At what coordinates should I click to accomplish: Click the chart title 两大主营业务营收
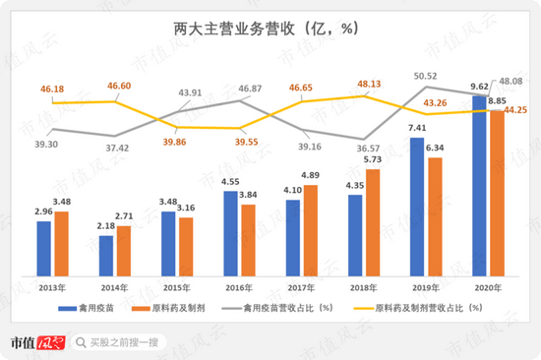[234, 29]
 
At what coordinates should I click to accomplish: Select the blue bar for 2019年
[417, 208]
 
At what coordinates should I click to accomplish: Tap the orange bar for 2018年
[373, 223]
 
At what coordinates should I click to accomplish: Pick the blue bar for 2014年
[106, 256]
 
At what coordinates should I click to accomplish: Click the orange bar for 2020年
[497, 194]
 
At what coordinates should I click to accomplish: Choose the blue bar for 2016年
[230, 234]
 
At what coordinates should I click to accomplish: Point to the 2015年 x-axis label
[177, 288]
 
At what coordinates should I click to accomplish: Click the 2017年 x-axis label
[301, 288]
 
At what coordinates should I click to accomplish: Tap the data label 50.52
[425, 76]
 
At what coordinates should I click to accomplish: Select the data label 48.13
[369, 84]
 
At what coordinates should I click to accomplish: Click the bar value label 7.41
[417, 128]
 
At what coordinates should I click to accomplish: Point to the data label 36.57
[368, 149]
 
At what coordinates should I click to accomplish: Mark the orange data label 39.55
[246, 142]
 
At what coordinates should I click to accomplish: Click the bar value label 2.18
[105, 226]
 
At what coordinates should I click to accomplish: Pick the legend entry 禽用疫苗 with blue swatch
[87, 308]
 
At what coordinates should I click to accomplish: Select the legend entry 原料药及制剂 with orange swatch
[168, 308]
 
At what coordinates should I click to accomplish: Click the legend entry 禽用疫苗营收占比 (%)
[277, 308]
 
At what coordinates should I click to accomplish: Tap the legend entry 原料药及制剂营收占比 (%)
[418, 308]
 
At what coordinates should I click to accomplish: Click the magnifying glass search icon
[81, 342]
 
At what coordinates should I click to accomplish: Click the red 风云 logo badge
[51, 342]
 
